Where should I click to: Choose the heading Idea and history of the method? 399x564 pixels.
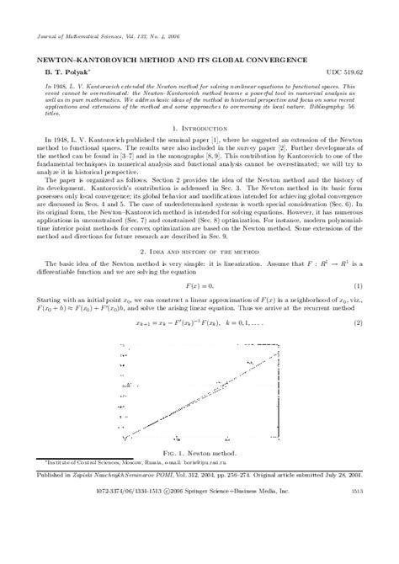pos(199,251)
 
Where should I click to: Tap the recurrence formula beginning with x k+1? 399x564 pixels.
pos(199,322)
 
